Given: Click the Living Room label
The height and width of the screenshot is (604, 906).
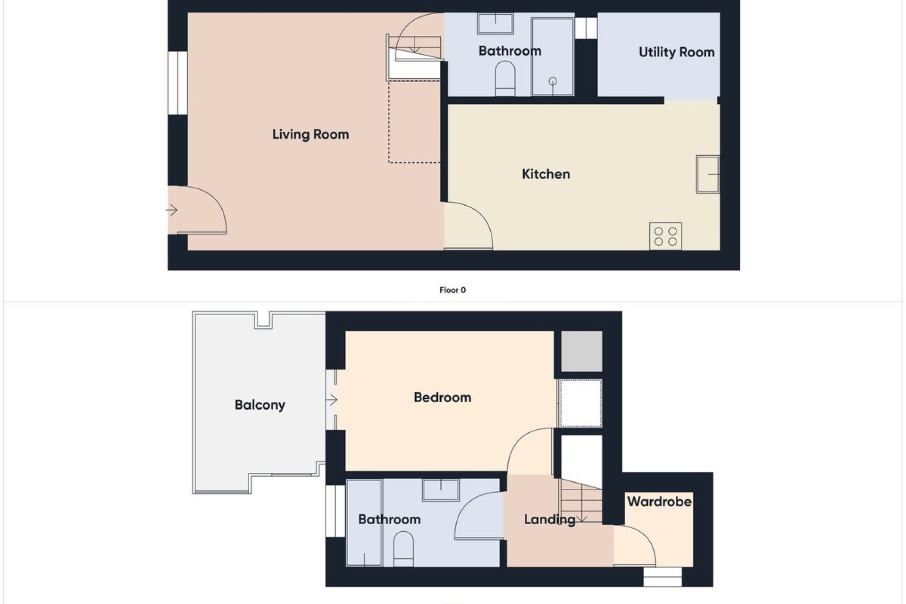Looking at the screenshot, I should point(310,134).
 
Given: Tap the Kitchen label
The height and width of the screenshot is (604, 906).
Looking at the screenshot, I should point(546,174).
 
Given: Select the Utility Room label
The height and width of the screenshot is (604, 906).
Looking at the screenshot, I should point(676,52).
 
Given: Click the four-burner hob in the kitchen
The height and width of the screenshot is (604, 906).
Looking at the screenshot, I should point(665,236).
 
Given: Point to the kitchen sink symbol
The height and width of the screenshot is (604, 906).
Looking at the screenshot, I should point(708,175).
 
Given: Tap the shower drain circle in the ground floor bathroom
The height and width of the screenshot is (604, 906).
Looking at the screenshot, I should point(553,82).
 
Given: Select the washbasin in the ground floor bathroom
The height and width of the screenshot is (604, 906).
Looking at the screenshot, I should point(495,24).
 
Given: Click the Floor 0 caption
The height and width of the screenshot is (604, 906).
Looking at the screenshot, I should point(453,290).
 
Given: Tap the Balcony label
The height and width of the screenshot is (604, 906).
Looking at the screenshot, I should point(260,405).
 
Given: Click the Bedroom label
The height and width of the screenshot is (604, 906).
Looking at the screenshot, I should point(442,397).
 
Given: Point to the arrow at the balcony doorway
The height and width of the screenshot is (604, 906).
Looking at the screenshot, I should point(331,400).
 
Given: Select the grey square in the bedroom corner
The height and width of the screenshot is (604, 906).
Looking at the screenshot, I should point(581,352).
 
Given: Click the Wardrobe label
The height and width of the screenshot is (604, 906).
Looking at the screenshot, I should point(659,502).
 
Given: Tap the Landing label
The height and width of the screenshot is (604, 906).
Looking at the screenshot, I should point(549,520).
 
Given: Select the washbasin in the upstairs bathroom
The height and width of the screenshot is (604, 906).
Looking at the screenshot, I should point(441,490).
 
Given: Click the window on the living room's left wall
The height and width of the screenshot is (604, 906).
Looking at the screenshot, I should point(178,83).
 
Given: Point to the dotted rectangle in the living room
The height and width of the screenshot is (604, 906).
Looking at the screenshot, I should point(414,122).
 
